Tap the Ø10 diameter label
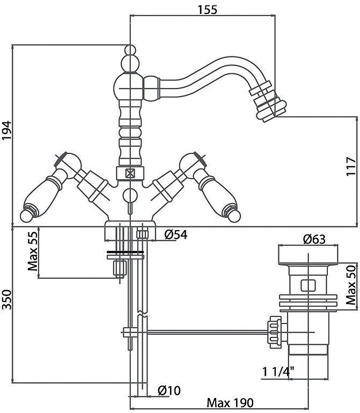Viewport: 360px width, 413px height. tap(169, 391)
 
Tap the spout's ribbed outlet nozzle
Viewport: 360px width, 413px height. tap(267, 104)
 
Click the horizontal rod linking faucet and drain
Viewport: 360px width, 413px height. tap(204, 333)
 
